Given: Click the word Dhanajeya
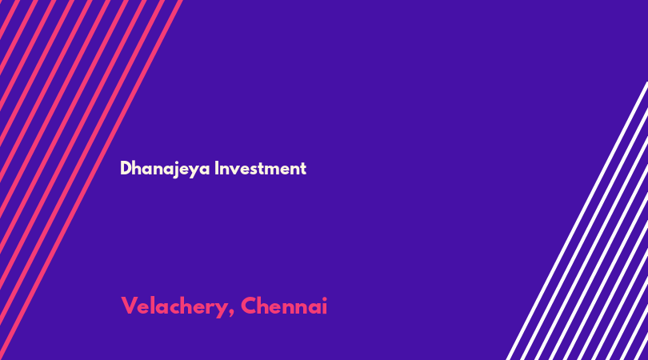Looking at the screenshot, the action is [x=165, y=169].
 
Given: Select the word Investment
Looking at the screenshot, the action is [x=260, y=168].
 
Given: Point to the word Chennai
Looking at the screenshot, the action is [x=284, y=306].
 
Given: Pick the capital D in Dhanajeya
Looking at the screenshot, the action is [x=126, y=168].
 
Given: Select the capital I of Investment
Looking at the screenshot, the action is [x=216, y=168].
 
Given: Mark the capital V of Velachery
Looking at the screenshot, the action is [x=128, y=306].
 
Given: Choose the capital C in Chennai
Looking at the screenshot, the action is [x=249, y=306].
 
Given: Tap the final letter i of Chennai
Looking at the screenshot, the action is [x=325, y=306].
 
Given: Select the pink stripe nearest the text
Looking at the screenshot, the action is [x=91, y=180].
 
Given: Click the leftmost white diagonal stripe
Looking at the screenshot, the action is [x=577, y=221].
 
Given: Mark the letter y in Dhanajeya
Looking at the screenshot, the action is [x=195, y=171].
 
